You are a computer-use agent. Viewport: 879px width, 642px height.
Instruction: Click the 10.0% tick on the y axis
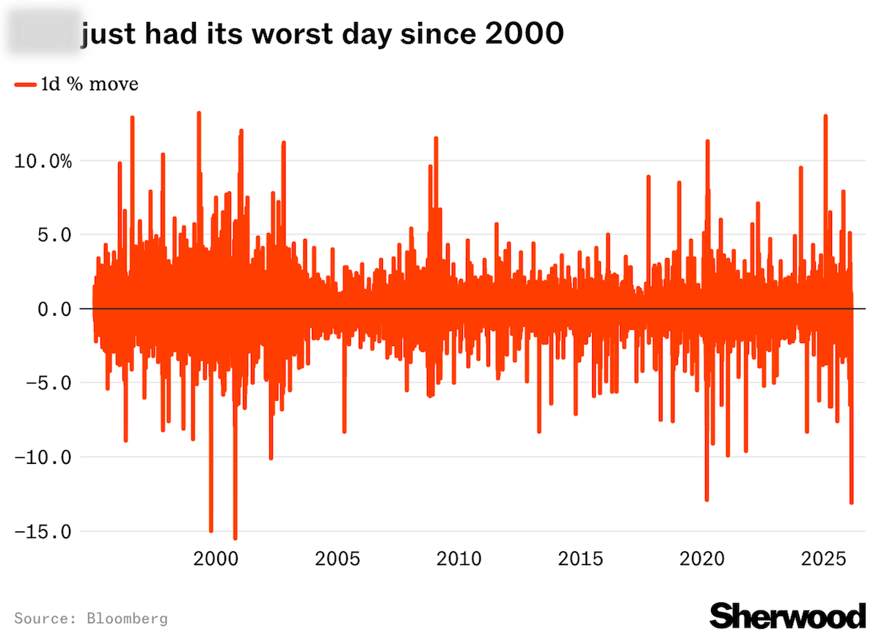coord(44,161)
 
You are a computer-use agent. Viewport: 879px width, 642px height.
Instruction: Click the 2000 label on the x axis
coord(216,559)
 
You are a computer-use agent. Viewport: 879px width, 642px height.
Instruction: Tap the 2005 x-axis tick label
coord(338,559)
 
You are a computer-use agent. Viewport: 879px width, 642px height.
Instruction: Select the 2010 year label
coord(459,559)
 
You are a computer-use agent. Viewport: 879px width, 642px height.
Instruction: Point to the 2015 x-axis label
coord(580,559)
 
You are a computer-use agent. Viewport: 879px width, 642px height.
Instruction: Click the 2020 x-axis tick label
coord(701,559)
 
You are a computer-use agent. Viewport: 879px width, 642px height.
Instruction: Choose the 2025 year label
coord(823,559)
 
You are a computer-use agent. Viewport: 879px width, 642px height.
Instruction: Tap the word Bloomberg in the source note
coord(127,619)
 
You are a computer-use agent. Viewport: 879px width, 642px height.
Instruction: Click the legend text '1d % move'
coord(89,85)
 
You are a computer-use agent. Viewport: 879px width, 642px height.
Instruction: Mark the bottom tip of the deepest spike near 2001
coord(236,539)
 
